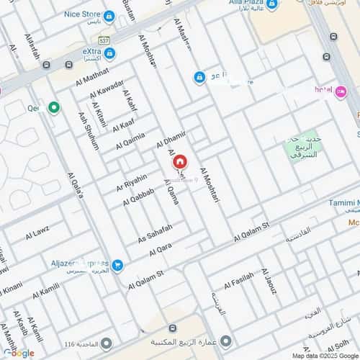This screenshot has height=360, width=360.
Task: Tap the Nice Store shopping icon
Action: (109, 15)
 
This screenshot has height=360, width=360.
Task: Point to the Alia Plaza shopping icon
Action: (272, 4)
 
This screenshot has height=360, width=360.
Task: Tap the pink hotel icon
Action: (341, 90)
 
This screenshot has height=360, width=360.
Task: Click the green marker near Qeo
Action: (53, 108)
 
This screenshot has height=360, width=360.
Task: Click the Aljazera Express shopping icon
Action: (117, 266)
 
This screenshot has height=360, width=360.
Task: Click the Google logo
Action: (18, 353)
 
